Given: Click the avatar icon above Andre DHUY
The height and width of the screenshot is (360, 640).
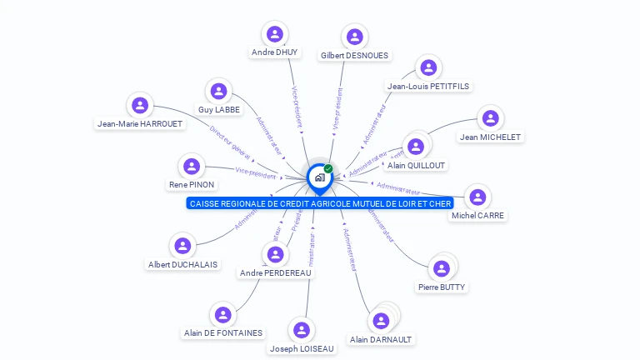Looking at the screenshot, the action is [274, 34].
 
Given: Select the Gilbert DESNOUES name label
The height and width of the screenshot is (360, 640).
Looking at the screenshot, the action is [354, 55].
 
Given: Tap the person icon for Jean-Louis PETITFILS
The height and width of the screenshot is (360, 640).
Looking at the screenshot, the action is [427, 68].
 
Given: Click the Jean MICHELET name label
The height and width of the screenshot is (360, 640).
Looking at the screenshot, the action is [490, 137].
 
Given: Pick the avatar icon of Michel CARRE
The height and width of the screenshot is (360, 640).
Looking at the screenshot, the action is [477, 197].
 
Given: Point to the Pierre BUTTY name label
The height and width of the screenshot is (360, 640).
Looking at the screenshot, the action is [442, 287].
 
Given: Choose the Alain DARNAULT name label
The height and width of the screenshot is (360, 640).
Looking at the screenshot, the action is [381, 339].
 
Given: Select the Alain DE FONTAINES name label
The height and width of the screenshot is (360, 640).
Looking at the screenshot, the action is [222, 332].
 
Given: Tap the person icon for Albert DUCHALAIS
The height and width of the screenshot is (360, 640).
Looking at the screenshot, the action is [182, 246].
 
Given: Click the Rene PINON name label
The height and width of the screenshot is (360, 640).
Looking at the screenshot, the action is [192, 184].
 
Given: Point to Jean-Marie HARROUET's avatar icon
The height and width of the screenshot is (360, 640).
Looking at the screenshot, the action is [140, 105].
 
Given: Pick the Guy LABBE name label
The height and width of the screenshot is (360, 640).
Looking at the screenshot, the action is [219, 109].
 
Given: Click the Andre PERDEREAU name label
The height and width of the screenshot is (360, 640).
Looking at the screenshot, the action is [274, 272].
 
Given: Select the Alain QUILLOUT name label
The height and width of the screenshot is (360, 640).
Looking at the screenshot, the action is [417, 165].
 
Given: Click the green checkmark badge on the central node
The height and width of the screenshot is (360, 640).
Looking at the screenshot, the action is [328, 168].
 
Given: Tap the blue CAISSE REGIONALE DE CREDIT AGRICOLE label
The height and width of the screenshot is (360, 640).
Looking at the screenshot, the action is [320, 203].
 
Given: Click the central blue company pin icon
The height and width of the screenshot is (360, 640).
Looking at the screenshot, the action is [319, 177].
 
